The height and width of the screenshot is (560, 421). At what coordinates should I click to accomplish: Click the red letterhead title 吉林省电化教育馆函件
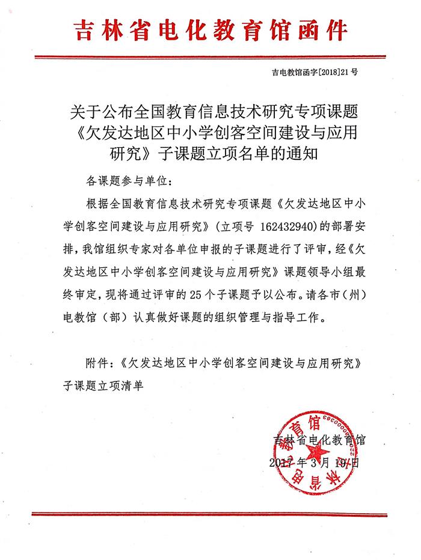(211, 29)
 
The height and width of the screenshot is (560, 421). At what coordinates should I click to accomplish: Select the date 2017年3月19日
(315, 462)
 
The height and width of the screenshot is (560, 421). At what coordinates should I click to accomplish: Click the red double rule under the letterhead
(210, 57)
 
